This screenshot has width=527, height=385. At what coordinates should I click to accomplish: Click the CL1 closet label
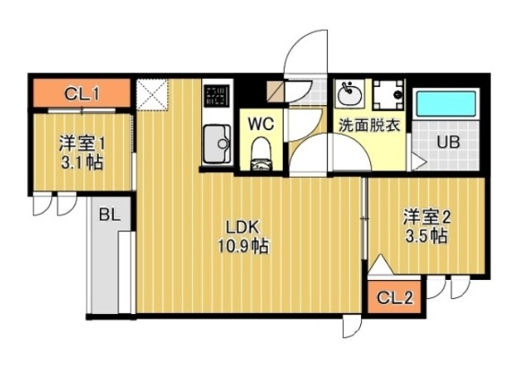pyautogui.click(x=82, y=92)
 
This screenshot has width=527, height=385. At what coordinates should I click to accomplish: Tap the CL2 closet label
pyautogui.click(x=393, y=298)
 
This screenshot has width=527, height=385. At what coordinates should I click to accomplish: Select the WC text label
pyautogui.click(x=261, y=121)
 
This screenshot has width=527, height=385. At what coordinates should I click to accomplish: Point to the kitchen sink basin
pyautogui.click(x=216, y=144)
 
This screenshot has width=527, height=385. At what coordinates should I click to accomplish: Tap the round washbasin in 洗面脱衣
pyautogui.click(x=348, y=93)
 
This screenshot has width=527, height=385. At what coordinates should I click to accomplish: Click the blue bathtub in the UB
pyautogui.click(x=448, y=102)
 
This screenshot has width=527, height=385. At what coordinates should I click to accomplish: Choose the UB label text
pyautogui.click(x=449, y=142)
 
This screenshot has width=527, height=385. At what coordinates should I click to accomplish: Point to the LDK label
pyautogui.click(x=242, y=227)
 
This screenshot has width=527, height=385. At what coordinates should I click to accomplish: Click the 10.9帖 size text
pyautogui.click(x=242, y=245)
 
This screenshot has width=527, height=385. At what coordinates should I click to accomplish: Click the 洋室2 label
pyautogui.click(x=426, y=216)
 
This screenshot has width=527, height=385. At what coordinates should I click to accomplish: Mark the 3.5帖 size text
pyautogui.click(x=426, y=236)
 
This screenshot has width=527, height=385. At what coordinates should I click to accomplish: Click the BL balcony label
pyautogui.click(x=110, y=215)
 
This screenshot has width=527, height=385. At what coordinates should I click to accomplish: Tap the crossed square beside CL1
pyautogui.click(x=151, y=93)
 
